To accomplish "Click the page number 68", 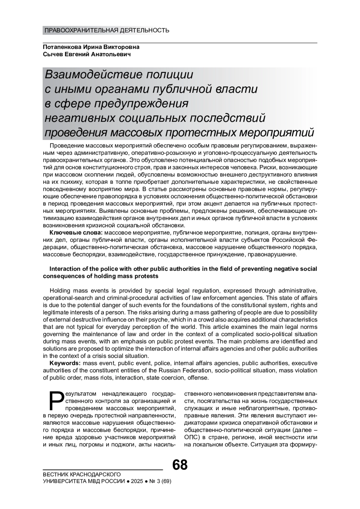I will pyautogui.click(x=180, y=465).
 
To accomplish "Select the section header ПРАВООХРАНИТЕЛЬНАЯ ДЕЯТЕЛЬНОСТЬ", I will pyautogui.click(x=107, y=30).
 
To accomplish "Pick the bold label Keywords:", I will pyautogui.click(x=65, y=363).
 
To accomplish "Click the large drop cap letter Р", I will pyautogui.click(x=55, y=400).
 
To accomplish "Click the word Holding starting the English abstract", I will pyautogui.click(x=60, y=290).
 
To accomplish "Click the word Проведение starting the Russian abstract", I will pyautogui.click(x=67, y=146).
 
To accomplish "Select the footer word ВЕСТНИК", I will pyautogui.click(x=56, y=474).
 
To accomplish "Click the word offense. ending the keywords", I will pyautogui.click(x=198, y=378).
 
